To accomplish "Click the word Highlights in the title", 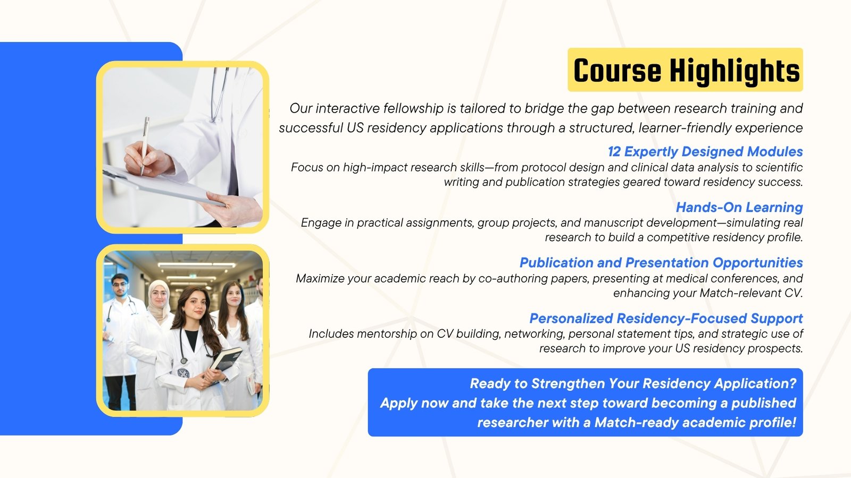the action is pos(735,71).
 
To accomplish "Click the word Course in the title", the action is pos(617,71).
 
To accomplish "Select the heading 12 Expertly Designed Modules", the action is pos(705,152).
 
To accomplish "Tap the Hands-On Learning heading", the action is pos(739,207).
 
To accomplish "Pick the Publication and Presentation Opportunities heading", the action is pos(661,262).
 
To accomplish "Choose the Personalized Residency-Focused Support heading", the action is pos(666,318).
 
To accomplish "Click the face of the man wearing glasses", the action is pos(120,286).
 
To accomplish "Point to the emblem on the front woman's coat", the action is pos(183,374).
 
